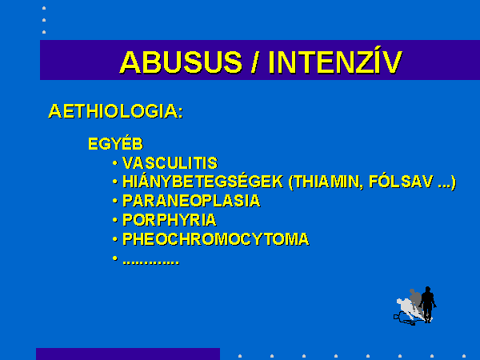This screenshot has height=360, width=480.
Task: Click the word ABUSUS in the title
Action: coord(181,62)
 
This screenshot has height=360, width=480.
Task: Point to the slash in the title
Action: coord(254,62)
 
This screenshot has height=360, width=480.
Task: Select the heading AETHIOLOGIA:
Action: coord(116,111)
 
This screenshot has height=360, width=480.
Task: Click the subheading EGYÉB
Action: coord(116,143)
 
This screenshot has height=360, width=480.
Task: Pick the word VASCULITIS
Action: coord(170,163)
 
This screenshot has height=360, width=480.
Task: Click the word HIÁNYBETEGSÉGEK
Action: coord(202,182)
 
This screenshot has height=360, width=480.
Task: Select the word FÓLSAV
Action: coord(402,182)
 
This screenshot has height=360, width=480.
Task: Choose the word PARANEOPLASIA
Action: coord(191,201)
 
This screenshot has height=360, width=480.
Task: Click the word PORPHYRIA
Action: coord(170,220)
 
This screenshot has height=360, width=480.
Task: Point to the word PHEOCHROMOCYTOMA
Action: coord(216,239)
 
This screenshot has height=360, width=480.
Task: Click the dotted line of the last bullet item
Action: coord(151,262)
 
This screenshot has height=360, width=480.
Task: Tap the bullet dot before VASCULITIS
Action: coord(114,163)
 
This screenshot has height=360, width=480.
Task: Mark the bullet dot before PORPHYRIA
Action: coord(114,220)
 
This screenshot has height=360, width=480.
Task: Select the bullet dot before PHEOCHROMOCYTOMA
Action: coord(114,238)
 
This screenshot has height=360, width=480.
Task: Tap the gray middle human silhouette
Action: coord(415,299)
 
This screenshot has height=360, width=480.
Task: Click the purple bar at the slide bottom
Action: coord(128,354)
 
